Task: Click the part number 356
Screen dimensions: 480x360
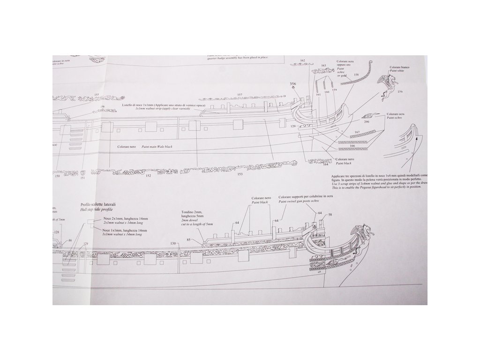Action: [x=293, y=84]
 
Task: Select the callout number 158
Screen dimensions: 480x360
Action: [x=356, y=75]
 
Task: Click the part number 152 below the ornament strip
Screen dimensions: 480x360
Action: [x=148, y=176]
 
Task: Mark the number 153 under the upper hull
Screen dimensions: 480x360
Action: [x=240, y=174]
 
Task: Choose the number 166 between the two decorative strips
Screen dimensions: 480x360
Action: [x=352, y=146]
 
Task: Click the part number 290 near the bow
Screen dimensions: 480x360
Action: [x=366, y=122]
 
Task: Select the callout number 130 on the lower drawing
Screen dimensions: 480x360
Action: [x=173, y=243]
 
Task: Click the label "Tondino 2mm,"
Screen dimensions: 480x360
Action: [x=192, y=212]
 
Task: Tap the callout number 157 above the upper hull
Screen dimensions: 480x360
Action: [x=240, y=95]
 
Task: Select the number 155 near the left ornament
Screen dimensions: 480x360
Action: [x=97, y=95]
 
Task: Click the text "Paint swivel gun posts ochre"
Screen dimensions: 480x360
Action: [x=305, y=202]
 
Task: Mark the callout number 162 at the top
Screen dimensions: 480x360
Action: [x=302, y=60]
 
